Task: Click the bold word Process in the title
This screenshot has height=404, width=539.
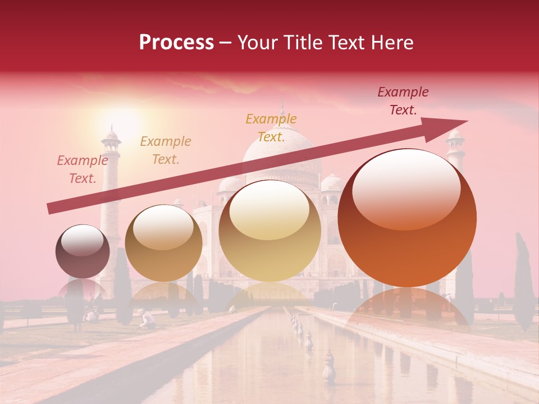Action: [x=176, y=43]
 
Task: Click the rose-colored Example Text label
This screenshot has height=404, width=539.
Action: [x=83, y=169]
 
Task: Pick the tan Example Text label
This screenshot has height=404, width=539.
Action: [x=166, y=150]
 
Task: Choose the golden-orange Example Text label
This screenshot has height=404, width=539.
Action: [x=271, y=128]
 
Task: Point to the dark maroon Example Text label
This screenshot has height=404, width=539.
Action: [x=403, y=101]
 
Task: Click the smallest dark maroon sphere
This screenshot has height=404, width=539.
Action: [x=83, y=251]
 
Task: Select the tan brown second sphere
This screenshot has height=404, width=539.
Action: [x=163, y=243]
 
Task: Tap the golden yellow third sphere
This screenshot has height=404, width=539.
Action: [x=270, y=231]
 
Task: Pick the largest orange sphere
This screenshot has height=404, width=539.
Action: [x=407, y=218]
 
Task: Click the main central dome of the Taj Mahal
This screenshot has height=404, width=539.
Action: [x=282, y=151]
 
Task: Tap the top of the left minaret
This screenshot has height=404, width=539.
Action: [x=112, y=136]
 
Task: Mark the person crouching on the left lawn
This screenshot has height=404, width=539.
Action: [x=148, y=319]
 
